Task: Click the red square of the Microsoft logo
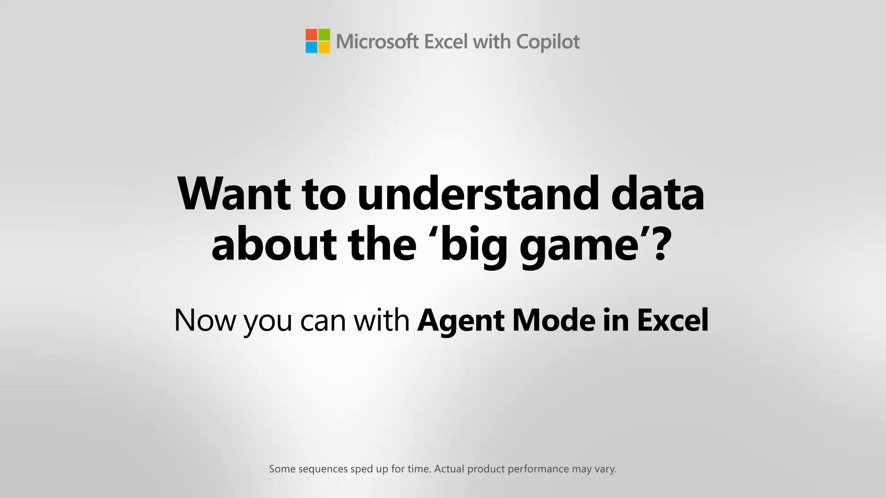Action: (x=311, y=35)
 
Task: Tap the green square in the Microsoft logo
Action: (x=324, y=35)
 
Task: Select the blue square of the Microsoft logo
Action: (x=311, y=47)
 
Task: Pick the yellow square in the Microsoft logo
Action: (x=324, y=47)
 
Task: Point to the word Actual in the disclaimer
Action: (x=449, y=468)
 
